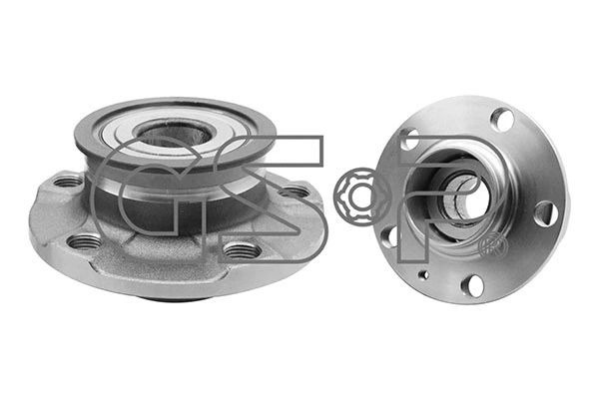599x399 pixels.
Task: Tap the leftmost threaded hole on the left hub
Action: click(67, 182)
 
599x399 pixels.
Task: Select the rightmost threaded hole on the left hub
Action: click(296, 191)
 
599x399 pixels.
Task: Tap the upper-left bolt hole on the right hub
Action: click(409, 140)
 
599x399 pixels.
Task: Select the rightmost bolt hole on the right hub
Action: click(545, 212)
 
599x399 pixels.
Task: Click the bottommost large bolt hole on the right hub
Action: click(472, 285)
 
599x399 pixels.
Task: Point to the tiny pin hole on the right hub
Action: click(424, 274)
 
